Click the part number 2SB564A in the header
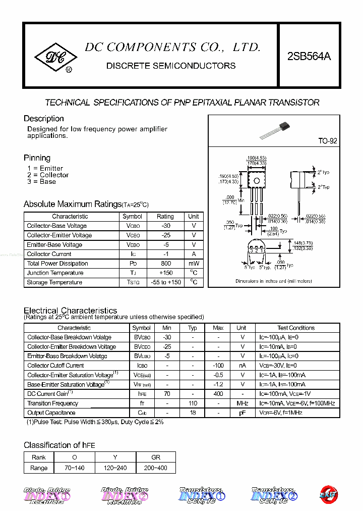(x=309, y=57)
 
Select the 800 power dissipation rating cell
(x=165, y=264)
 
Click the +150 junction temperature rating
(x=165, y=273)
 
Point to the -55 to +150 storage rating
(x=165, y=283)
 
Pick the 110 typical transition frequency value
(x=192, y=403)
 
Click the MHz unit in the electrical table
(x=242, y=403)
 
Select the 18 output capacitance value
(x=192, y=413)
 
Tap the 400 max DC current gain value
(x=218, y=394)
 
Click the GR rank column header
(x=156, y=457)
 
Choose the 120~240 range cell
(x=115, y=468)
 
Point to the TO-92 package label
(x=327, y=141)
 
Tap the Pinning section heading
(x=37, y=158)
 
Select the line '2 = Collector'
(x=48, y=175)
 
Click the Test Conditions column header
(x=296, y=328)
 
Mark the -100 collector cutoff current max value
(x=218, y=366)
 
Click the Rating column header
(x=165, y=217)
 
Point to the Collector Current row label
(x=49, y=254)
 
